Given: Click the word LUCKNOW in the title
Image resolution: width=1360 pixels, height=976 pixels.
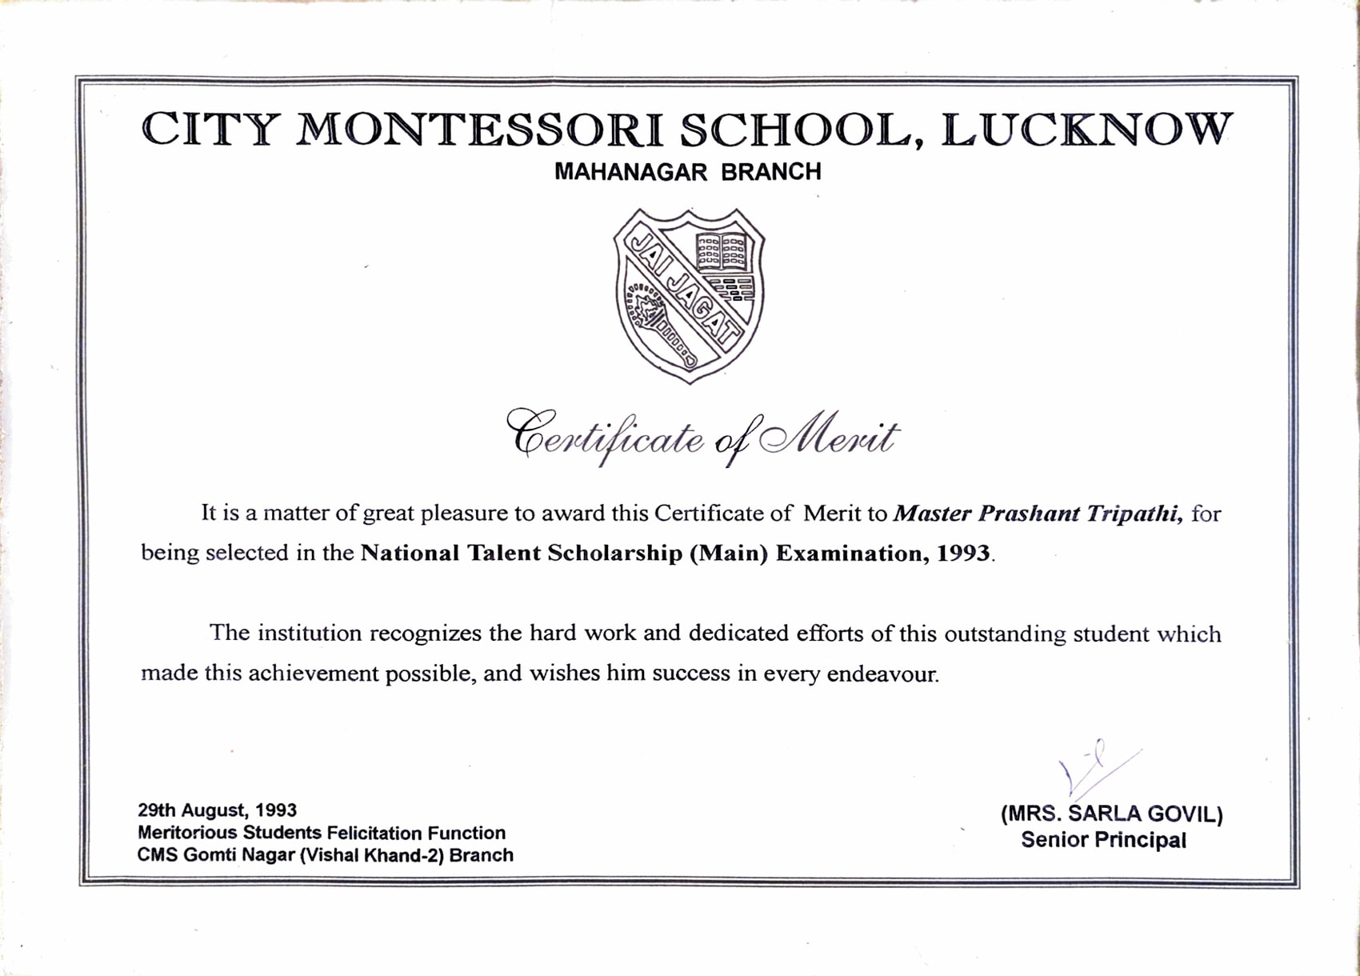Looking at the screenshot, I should coord(1086,130).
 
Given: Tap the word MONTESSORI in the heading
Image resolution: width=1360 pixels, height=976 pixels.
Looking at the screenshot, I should coord(479,130).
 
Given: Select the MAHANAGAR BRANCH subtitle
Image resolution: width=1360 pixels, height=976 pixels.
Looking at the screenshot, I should coord(687,172).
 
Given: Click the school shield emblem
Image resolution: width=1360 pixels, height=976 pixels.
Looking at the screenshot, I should coord(689,295).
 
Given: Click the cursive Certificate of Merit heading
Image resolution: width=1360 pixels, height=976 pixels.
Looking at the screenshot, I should coord(702,437).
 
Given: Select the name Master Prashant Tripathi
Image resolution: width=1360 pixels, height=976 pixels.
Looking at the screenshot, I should coord(1038,514).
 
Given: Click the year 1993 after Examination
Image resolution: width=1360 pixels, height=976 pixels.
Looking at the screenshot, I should coord(964,554).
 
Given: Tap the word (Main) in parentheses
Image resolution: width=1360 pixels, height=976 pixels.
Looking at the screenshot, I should coord(729,554).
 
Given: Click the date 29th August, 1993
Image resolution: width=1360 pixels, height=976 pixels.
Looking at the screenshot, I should coord(217,810).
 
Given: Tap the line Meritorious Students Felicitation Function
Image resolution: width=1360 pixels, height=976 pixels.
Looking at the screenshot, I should coord(321,833).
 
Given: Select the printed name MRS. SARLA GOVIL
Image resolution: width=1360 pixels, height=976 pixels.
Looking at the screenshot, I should coord(1111,814).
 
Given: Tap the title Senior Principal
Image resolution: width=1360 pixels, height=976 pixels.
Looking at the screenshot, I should coord(1103,840).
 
